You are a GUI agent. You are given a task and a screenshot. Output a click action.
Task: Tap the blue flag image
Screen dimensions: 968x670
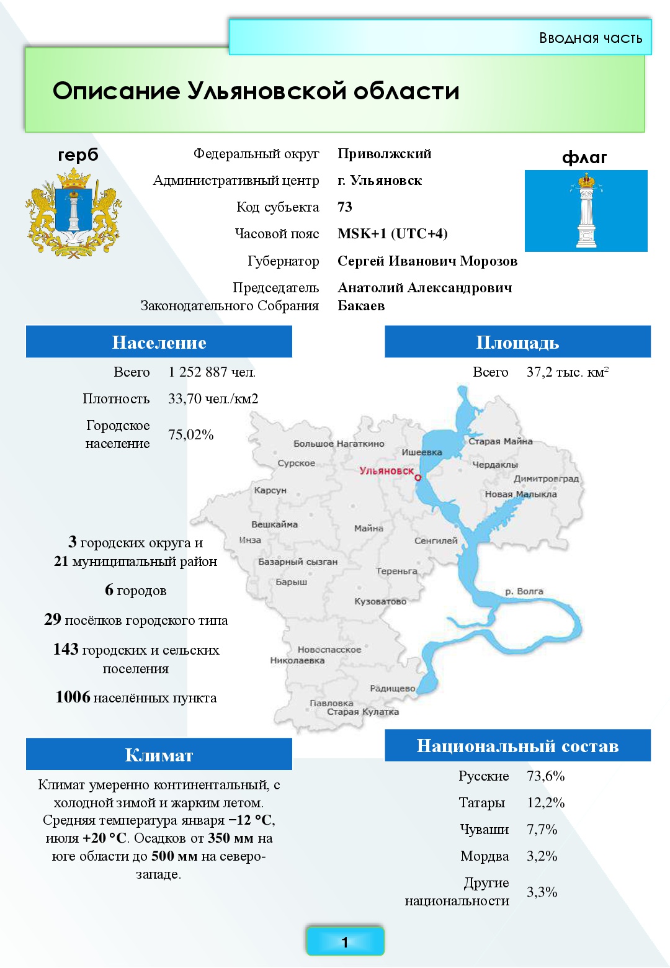click(586, 211)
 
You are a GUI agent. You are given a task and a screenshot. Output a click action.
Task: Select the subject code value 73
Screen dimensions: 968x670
click(345, 207)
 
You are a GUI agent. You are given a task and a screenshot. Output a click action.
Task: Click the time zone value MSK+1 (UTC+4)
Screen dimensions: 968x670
click(392, 234)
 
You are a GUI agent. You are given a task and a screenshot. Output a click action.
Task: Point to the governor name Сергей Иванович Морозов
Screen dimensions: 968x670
click(427, 261)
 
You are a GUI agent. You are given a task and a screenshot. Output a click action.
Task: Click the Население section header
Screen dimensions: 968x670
click(159, 343)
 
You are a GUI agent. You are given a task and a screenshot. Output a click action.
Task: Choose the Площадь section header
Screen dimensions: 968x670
click(517, 343)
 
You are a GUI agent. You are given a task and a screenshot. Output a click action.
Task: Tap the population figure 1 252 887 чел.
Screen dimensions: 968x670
click(212, 372)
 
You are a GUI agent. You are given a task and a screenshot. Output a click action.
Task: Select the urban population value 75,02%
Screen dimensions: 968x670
click(190, 435)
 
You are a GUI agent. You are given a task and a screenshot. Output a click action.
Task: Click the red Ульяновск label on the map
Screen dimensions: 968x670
click(386, 471)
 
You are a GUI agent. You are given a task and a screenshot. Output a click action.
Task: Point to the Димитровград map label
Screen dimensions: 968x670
click(546, 479)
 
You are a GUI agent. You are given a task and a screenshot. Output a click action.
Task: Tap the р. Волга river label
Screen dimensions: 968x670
click(524, 591)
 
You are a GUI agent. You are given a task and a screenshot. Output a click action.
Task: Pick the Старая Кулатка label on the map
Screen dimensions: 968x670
click(363, 712)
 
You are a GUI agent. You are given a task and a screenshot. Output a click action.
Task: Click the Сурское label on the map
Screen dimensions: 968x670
click(296, 464)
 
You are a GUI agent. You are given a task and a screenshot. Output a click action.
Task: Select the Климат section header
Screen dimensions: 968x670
click(159, 755)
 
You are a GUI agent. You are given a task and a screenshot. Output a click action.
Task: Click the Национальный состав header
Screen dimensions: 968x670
click(517, 746)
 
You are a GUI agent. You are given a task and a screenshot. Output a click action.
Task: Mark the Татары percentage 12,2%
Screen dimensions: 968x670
click(545, 803)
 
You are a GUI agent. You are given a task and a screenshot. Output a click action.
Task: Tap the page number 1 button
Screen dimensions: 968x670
click(345, 942)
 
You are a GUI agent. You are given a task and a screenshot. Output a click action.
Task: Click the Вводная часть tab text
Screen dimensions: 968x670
click(590, 38)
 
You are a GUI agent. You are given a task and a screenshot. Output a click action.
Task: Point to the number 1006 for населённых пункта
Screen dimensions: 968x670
click(73, 697)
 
